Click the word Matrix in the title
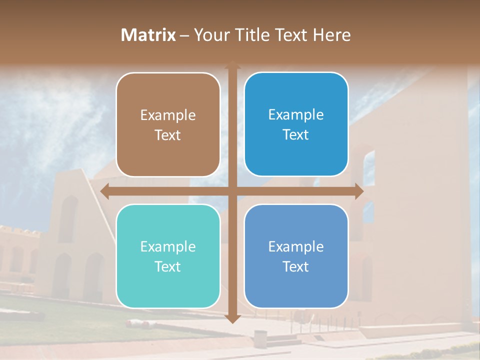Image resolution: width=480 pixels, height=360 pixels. (x=148, y=35)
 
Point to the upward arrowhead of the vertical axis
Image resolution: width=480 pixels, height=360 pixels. (x=232, y=65)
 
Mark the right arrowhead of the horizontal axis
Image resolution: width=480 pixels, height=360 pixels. (x=358, y=191)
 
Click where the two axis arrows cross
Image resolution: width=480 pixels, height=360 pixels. (x=232, y=191)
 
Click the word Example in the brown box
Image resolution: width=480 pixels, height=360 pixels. (x=168, y=115)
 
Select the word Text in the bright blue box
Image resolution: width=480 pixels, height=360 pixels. (x=296, y=135)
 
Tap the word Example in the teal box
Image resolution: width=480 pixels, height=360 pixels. (x=168, y=246)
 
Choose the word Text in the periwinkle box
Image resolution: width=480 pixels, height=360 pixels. (x=296, y=266)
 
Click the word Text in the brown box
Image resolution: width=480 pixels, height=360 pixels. (x=168, y=135)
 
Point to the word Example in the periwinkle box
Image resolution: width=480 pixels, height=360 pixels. (x=296, y=246)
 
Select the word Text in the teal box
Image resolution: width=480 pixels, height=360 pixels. (x=168, y=266)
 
